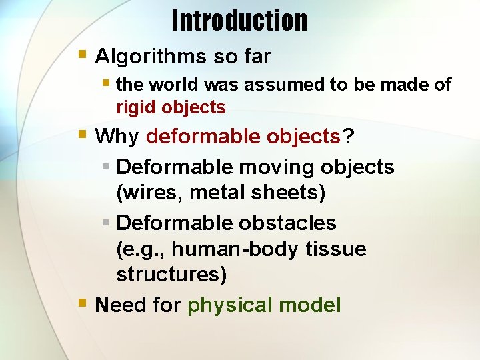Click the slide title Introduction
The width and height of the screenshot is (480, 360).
tap(239, 21)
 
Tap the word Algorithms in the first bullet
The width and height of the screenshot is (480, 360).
tap(151, 57)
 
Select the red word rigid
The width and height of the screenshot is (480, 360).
tap(137, 107)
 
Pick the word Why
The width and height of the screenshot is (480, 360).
tap(117, 137)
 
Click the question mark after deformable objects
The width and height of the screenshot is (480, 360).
tap(349, 137)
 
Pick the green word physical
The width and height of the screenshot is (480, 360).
tap(231, 305)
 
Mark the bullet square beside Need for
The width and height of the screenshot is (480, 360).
tap(83, 303)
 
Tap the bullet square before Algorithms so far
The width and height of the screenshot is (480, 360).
tap(83, 54)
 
